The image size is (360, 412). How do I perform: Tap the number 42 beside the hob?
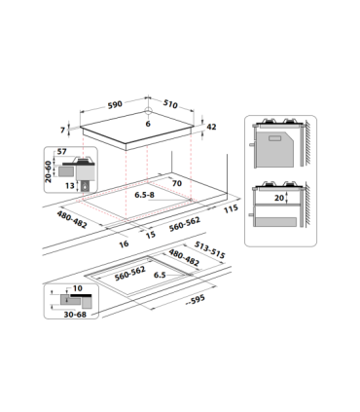click(212, 126)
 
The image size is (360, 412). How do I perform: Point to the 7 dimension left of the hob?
click(62, 130)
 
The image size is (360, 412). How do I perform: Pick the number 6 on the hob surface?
click(148, 125)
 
